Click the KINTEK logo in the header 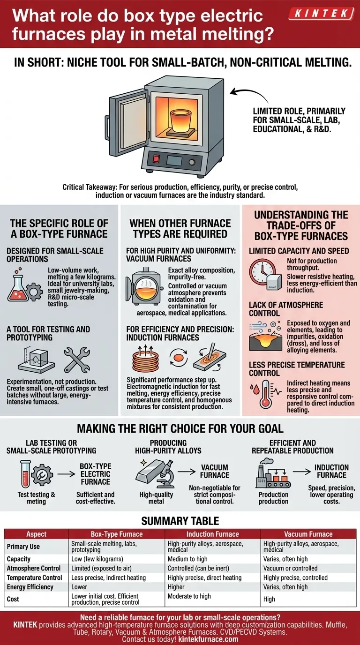[321, 14]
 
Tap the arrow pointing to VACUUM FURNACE [186, 474]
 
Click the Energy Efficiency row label [30, 587]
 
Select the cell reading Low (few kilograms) [97, 559]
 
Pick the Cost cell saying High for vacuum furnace [270, 599]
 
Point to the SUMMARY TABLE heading [180, 521]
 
